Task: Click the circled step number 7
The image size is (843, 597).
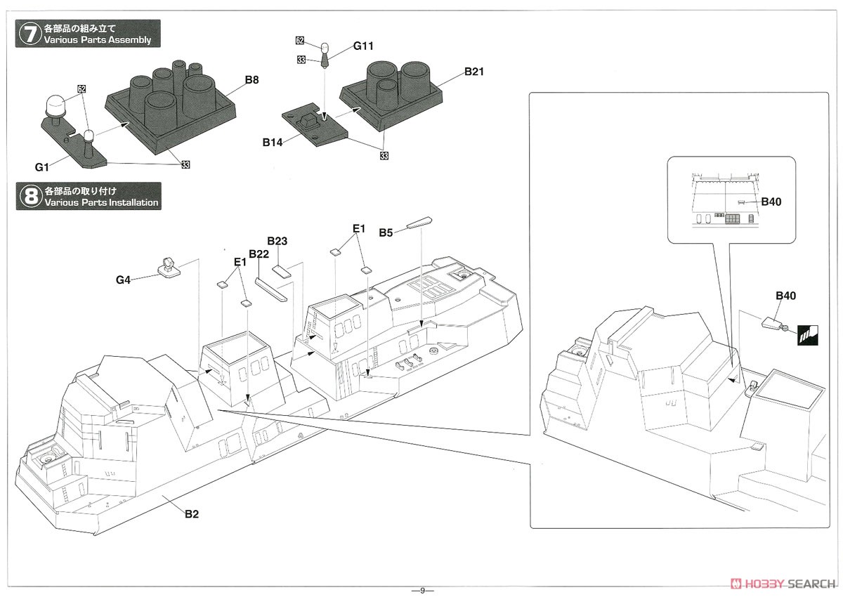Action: tap(30, 34)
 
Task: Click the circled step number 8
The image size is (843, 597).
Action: tap(30, 197)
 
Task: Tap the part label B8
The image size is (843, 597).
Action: tap(251, 80)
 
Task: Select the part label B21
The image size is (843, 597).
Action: tap(473, 72)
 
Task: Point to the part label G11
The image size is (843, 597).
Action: tap(363, 46)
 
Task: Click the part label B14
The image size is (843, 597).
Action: tap(273, 143)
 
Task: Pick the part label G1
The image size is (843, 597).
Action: tap(41, 167)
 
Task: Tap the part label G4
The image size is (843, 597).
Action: tap(123, 280)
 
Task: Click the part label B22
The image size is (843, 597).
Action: tap(259, 254)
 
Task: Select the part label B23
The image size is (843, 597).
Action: tap(277, 241)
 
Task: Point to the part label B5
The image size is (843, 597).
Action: tap(386, 233)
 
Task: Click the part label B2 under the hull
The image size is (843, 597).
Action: tap(192, 514)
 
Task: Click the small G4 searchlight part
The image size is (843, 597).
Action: tap(169, 267)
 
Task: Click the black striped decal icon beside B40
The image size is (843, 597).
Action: tap(808, 336)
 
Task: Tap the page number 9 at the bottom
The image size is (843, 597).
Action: tap(422, 591)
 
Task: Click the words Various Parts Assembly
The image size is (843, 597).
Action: tap(98, 40)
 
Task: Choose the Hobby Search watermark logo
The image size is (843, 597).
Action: tap(782, 584)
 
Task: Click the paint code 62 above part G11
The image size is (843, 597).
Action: tap(300, 41)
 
